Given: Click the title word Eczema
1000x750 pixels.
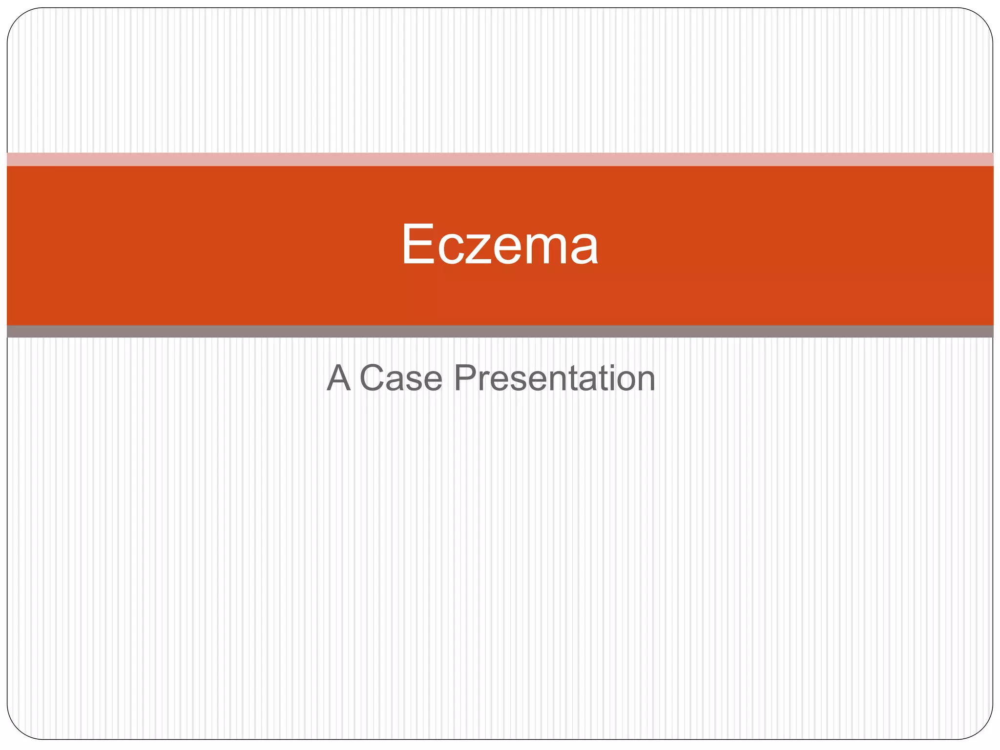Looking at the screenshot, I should click(500, 244).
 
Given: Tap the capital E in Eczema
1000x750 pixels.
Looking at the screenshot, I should click(418, 244).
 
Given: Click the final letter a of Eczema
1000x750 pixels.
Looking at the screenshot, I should click(583, 250).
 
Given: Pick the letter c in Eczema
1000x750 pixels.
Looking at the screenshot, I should click(451, 250).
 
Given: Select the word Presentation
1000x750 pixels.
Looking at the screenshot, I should click(554, 378).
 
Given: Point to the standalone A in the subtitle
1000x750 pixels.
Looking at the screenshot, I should click(339, 378).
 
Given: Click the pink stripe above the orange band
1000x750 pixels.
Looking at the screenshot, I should click(500, 159).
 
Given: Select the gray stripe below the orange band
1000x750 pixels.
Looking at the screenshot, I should click(500, 332).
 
